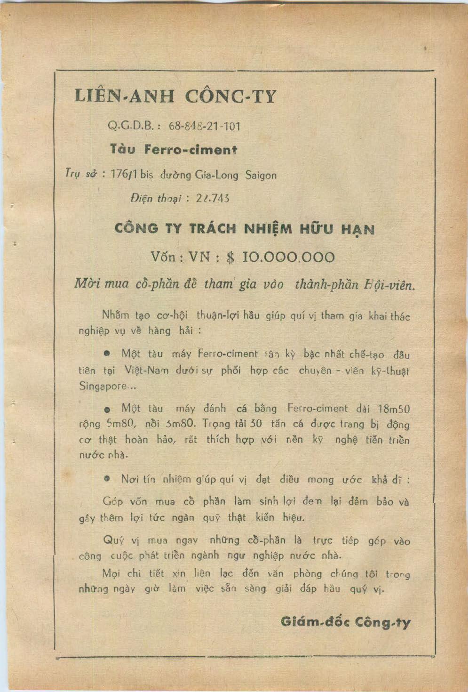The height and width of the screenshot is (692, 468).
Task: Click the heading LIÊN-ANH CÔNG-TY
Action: tap(175, 97)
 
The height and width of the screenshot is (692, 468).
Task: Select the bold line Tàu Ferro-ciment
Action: tap(174, 150)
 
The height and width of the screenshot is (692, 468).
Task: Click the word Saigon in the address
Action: tap(261, 176)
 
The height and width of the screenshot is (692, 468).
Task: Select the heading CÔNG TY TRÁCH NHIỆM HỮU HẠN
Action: tap(245, 229)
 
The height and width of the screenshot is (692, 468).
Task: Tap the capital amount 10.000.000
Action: tap(288, 257)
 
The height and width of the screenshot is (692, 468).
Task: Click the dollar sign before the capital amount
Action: tap(230, 257)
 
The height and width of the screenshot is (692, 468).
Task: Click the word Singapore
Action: tap(103, 386)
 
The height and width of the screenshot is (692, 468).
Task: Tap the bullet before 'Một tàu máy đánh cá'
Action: tap(108, 409)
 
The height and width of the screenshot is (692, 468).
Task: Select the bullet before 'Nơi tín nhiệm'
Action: tap(108, 479)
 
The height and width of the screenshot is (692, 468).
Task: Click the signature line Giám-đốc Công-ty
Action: tap(345, 622)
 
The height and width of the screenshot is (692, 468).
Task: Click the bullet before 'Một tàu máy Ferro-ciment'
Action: tap(108, 353)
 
